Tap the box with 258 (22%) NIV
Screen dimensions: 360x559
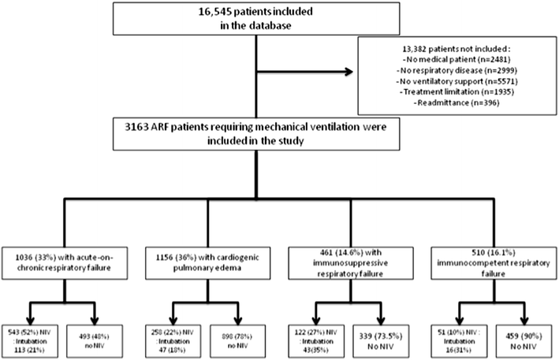169,332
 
